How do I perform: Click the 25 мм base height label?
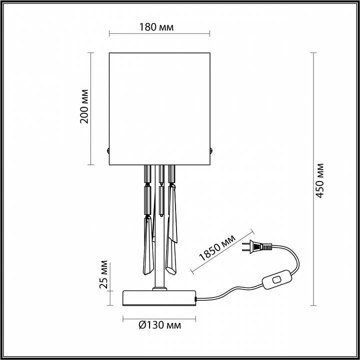[x=103, y=274]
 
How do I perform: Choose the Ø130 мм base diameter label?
[x=158, y=325]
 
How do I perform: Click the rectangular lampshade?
[x=159, y=107]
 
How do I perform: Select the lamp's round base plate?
[x=159, y=297]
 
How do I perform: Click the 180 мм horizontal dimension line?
[x=159, y=34]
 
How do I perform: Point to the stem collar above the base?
[x=159, y=287]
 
